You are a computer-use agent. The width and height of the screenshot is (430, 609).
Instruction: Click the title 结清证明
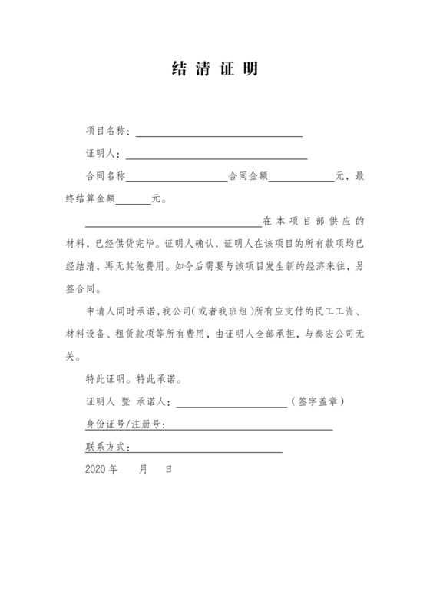[x=214, y=70]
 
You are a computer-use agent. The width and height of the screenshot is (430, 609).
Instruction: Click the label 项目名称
[x=107, y=132]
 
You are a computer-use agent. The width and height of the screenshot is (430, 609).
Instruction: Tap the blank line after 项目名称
[x=219, y=135]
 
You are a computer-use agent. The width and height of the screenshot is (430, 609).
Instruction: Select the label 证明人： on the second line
[x=101, y=154]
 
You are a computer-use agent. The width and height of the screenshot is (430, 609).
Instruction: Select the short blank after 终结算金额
[x=134, y=201]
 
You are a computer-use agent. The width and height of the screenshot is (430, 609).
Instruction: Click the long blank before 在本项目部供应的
[x=173, y=224]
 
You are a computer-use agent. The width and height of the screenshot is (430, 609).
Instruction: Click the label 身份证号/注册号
[x=124, y=424]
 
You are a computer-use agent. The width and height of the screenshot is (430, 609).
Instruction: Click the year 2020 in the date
[x=96, y=468]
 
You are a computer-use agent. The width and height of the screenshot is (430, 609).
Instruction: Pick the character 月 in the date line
[x=143, y=468]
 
